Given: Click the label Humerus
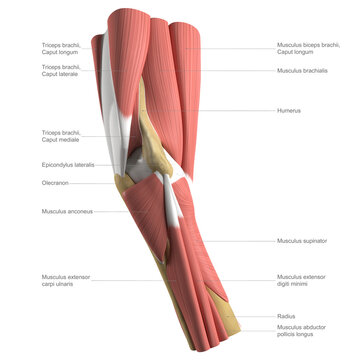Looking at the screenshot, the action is tap(292, 110).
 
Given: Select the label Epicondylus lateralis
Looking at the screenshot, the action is tap(69, 165).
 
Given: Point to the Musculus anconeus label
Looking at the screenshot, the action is tap(66, 211).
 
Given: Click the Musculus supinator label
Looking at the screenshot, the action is tap(302, 241).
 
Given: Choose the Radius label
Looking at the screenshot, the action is tap(287, 316).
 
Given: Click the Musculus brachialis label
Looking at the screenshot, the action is tap(304, 71).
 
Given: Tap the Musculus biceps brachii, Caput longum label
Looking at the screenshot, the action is tap(309, 49).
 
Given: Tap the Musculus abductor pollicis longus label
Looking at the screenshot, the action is tap(304, 331).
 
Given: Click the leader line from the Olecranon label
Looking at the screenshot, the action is tap(95, 183).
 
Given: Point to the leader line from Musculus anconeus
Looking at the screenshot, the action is tap(110, 211).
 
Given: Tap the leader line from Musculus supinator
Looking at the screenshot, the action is tap(240, 241).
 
